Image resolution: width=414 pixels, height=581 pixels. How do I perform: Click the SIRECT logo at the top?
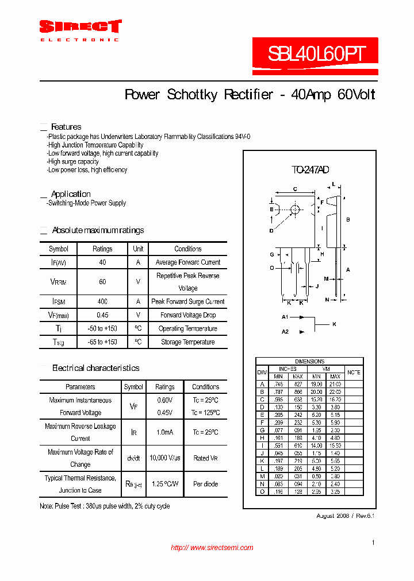pyautogui.click(x=80, y=27)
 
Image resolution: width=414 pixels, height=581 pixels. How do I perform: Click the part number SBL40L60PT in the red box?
pyautogui.click(x=316, y=54)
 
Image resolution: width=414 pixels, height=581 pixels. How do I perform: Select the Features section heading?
pyautogui.click(x=66, y=127)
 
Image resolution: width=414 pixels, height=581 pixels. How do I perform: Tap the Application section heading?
pyautogui.click(x=71, y=194)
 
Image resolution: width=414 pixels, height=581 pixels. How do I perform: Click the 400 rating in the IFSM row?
pyautogui.click(x=102, y=301)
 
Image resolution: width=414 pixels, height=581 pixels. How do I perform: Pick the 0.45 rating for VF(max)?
pyautogui.click(x=102, y=315)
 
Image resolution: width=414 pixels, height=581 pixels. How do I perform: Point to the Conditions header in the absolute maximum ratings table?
pyautogui.click(x=188, y=249)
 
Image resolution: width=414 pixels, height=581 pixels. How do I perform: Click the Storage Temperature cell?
pyautogui.click(x=188, y=342)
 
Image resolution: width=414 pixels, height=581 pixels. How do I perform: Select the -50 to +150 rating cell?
pyautogui.click(x=102, y=328)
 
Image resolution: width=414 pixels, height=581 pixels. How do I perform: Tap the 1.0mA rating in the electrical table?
pyautogui.click(x=165, y=432)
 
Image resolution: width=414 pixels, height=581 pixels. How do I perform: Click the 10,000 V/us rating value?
pyautogui.click(x=165, y=458)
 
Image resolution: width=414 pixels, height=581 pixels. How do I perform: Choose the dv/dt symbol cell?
pyautogui.click(x=133, y=458)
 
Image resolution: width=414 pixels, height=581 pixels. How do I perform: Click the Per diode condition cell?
pyautogui.click(x=205, y=484)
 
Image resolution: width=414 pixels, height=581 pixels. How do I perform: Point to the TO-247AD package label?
pyautogui.click(x=310, y=170)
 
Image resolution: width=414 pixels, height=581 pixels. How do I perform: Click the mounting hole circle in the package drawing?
pyautogui.click(x=295, y=210)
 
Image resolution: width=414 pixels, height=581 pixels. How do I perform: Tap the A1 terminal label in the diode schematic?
pyautogui.click(x=285, y=317)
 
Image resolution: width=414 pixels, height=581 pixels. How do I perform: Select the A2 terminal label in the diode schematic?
pyautogui.click(x=285, y=331)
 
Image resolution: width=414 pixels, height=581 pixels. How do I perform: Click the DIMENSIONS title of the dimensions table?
pyautogui.click(x=309, y=361)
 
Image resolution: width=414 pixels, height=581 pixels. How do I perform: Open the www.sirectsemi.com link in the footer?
pyautogui.click(x=212, y=548)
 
